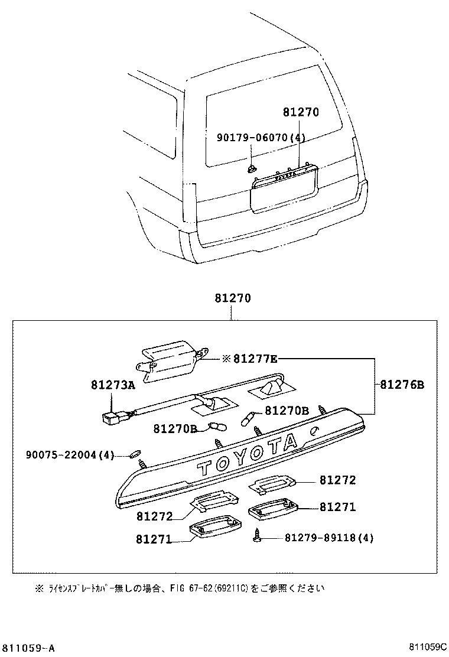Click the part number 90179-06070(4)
261,138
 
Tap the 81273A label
113,385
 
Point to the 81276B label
402,385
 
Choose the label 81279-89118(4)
329,538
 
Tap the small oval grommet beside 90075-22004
135,454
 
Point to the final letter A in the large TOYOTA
290,442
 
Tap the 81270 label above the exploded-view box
233,299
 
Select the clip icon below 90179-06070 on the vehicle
252,169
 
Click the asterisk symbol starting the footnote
40,588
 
